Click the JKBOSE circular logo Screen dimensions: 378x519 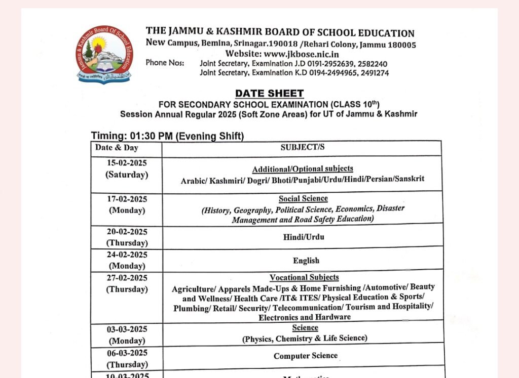pyautogui.click(x=106, y=55)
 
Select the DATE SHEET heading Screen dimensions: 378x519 pyautogui.click(x=269, y=93)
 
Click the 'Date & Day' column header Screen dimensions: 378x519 pyautogui.click(x=117, y=148)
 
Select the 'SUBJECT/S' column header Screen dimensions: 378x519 pyautogui.click(x=303, y=148)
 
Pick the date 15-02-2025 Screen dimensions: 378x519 pyautogui.click(x=127, y=163)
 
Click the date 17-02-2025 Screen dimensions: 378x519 pyautogui.click(x=127, y=199)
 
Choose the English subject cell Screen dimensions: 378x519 pyautogui.click(x=306, y=261)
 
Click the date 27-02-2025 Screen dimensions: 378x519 pyautogui.click(x=127, y=278)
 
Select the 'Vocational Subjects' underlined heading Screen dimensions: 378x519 pyautogui.click(x=304, y=277)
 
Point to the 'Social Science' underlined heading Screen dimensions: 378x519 pyautogui.click(x=303, y=199)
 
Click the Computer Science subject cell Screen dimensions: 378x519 pyautogui.click(x=306, y=356)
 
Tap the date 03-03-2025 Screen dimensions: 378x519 pyautogui.click(x=127, y=329)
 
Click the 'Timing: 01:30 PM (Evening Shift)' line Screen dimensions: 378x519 pyautogui.click(x=168, y=136)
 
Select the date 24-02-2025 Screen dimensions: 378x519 pyautogui.click(x=127, y=255)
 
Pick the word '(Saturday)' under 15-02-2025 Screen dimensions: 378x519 pyautogui.click(x=127, y=175)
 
